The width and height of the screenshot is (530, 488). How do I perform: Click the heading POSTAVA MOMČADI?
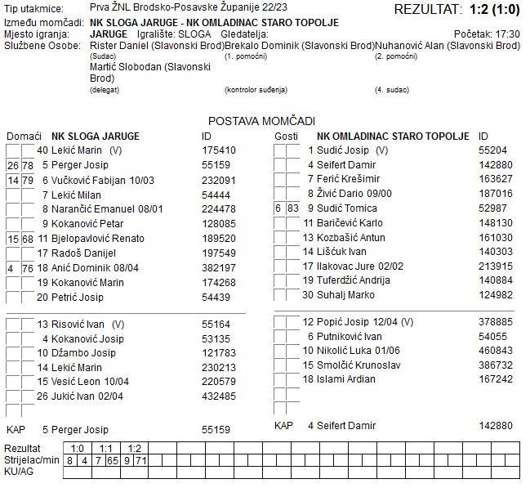pos(261,120)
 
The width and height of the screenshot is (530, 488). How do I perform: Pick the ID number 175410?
pos(218,150)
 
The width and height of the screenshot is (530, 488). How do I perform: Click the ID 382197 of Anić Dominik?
pos(218,268)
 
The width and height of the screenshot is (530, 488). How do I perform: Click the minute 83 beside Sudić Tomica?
pos(294,209)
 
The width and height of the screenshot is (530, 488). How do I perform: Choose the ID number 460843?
pos(496,350)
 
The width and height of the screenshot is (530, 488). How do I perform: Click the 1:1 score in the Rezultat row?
pos(106,448)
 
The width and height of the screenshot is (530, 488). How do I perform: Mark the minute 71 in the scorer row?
pos(141,461)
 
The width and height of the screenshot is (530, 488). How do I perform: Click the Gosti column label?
pos(286,136)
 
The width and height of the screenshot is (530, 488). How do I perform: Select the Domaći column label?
pos(23,136)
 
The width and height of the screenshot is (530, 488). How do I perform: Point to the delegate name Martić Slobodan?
pos(123,68)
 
